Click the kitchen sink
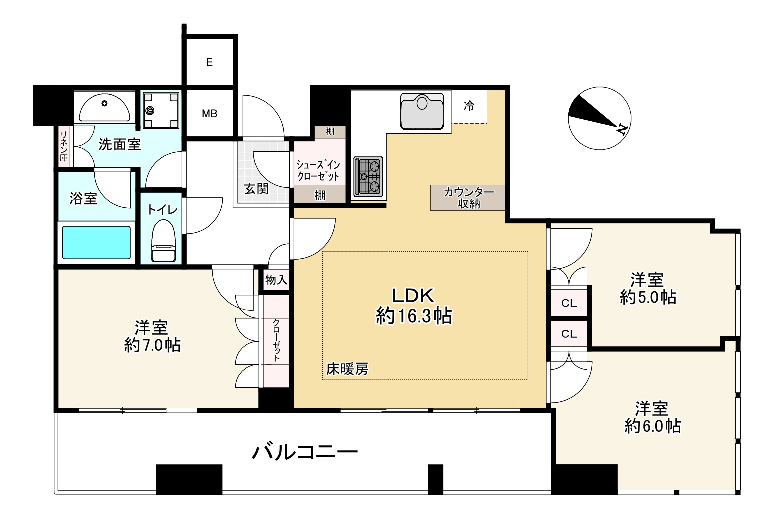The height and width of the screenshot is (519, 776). [x=422, y=111]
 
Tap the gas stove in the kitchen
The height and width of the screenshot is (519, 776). [x=368, y=176]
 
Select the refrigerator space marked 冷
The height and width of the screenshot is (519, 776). [x=469, y=106]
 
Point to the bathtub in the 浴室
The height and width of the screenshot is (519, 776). [x=96, y=242]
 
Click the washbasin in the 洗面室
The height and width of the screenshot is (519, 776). [x=104, y=107]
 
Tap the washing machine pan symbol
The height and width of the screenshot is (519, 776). [x=160, y=110]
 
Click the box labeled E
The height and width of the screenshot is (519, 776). [x=210, y=62]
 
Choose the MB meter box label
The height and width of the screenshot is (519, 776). [x=210, y=114]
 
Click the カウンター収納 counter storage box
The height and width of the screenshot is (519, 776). [x=468, y=198]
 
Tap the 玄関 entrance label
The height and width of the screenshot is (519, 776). [x=256, y=189]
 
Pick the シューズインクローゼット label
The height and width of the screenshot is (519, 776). [x=318, y=170]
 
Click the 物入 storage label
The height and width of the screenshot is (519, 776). [x=276, y=280]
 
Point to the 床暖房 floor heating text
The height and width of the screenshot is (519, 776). [x=347, y=369]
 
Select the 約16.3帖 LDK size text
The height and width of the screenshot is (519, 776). [x=414, y=316]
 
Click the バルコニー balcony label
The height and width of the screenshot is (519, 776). [x=304, y=452]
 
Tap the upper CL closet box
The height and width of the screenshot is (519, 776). [x=569, y=303]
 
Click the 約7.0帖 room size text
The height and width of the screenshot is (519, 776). [x=152, y=345]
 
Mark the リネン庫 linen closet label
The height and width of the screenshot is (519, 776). [x=64, y=146]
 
